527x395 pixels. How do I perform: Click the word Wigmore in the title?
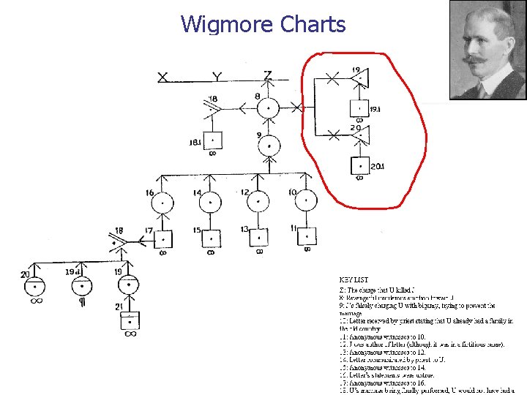pos(228,25)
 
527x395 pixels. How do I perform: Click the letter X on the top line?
pos(162,77)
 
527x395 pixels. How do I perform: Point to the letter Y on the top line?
pos(217,77)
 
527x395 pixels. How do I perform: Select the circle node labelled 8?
pos(269,108)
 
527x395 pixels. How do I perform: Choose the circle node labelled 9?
pos(269,145)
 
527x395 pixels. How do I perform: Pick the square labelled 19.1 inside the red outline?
pos(359,108)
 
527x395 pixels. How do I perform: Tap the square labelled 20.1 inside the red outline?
pos(359,166)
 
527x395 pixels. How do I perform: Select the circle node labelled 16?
pos(162,202)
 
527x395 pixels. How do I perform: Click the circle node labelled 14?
pos(210,202)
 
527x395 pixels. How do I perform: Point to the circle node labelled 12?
pos(258,202)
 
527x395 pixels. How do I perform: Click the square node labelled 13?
pos(258,237)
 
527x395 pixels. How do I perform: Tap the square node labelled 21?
pos(130,320)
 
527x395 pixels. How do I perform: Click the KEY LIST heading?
pos(353,279)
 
